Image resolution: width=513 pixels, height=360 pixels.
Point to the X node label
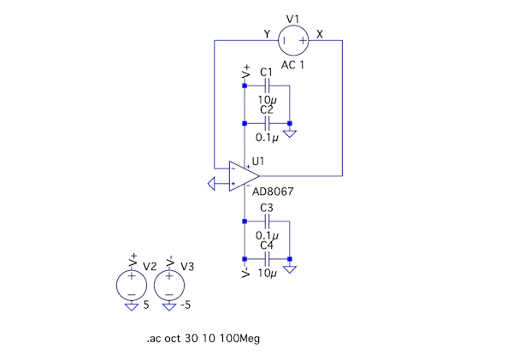[321, 34]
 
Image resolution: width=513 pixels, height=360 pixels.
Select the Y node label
[267, 34]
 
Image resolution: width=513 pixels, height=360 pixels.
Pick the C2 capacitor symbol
[267, 123]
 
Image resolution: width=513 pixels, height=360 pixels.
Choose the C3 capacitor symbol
[267, 221]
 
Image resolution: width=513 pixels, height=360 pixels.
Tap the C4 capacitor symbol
[267, 259]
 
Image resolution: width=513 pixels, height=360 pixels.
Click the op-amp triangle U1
[244, 175]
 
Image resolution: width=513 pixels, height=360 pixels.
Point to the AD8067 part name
[273, 192]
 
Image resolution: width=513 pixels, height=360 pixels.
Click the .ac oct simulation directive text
[203, 339]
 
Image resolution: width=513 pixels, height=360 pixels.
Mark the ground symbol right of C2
[291, 133]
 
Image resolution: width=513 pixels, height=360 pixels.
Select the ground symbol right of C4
[291, 269]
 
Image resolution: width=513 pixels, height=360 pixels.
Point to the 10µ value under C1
[267, 100]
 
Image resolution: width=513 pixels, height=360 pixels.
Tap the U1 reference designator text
[259, 161]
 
